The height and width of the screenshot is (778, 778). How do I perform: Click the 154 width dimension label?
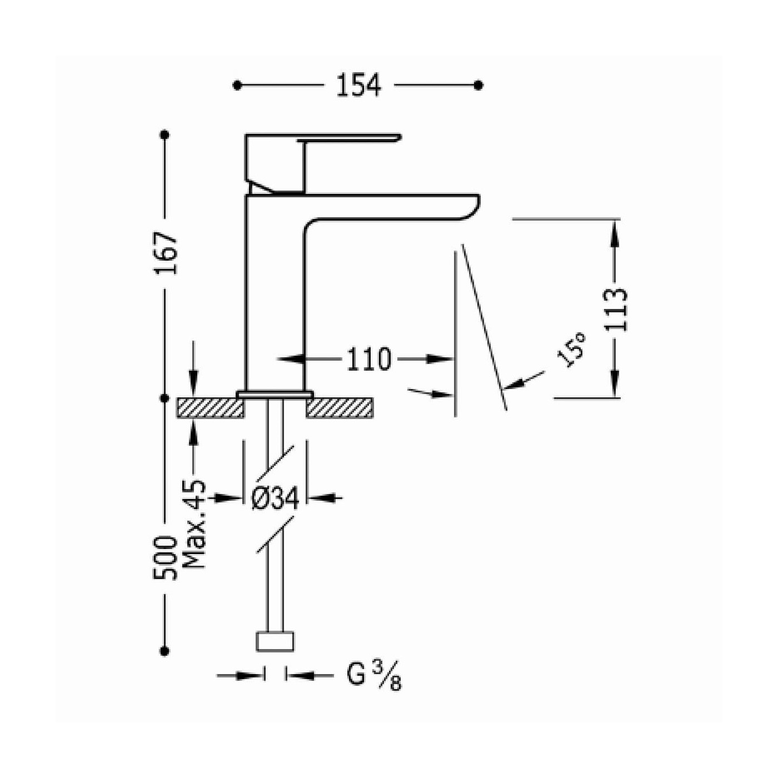tap(358, 86)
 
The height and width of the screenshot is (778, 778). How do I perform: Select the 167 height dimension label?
tap(166, 253)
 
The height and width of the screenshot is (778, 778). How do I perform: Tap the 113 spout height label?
tap(616, 310)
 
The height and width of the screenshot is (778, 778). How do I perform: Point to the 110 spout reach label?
tap(368, 359)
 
